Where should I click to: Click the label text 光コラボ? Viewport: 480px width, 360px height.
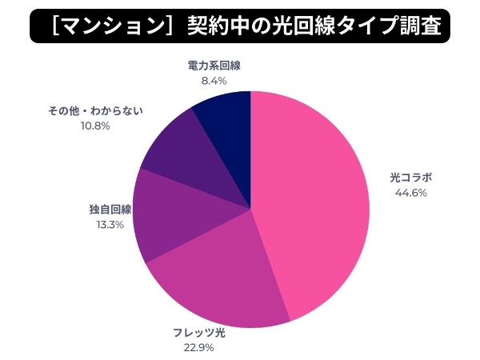410,178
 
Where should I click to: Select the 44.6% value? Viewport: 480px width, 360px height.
410,193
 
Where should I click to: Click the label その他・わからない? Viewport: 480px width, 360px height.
95,110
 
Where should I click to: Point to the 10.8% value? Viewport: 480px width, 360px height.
95,126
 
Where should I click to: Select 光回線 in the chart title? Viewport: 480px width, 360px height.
299,26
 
